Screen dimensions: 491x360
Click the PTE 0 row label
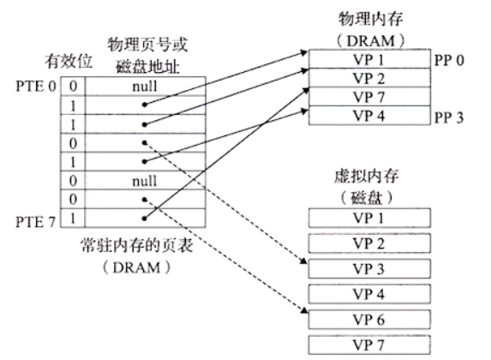point(36,87)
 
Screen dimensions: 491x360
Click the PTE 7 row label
point(36,222)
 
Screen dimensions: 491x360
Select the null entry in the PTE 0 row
point(145,87)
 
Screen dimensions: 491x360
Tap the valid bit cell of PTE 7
point(73,218)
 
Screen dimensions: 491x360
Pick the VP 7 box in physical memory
point(369,97)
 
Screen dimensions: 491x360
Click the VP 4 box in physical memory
point(369,116)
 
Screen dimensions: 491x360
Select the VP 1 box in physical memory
point(369,59)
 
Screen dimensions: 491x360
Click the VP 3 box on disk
point(369,268)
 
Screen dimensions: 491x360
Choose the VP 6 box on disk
point(369,319)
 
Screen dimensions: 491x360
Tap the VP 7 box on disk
point(369,345)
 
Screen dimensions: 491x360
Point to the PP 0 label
point(449,61)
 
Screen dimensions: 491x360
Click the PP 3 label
point(449,117)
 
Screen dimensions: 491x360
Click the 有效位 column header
point(69,61)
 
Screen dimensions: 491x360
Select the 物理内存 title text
point(370,19)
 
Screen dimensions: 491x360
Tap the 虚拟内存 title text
point(367,176)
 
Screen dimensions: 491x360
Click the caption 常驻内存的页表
point(137,245)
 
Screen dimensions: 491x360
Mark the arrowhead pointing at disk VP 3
point(303,261)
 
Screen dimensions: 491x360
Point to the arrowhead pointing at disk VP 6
point(304,310)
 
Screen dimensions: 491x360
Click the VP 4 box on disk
point(369,294)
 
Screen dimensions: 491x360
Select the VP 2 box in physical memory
point(369,78)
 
